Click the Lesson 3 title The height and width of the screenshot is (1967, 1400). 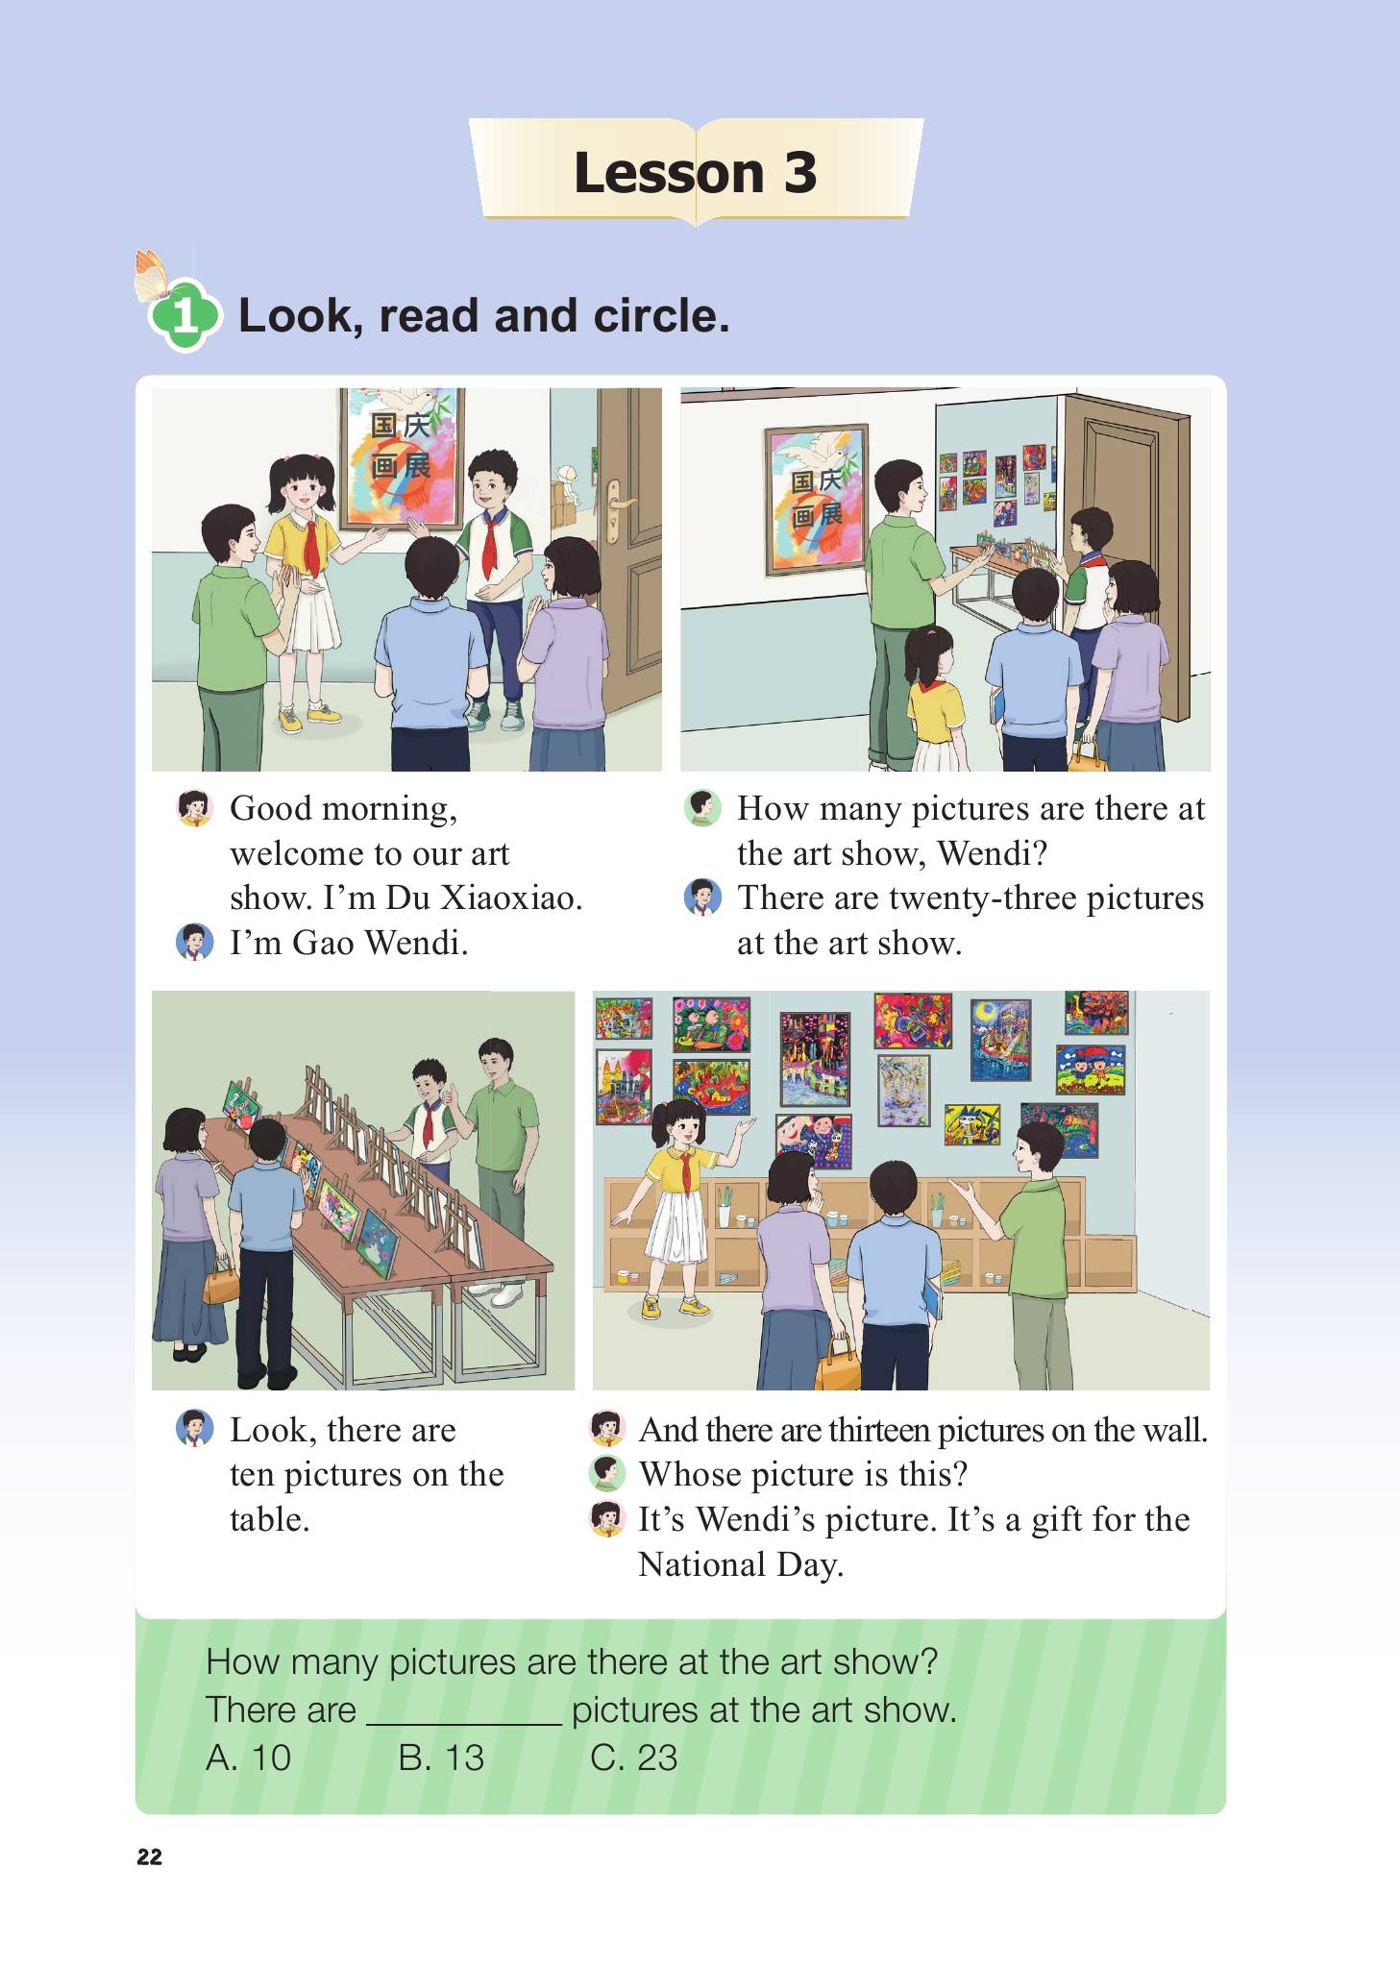695,173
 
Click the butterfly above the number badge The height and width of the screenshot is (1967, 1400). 153,275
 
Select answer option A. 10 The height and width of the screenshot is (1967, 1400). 248,1758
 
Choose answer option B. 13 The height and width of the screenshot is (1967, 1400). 441,1758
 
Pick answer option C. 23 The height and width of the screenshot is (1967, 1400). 634,1758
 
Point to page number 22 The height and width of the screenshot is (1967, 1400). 150,1856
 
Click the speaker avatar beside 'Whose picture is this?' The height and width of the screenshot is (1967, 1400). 606,1474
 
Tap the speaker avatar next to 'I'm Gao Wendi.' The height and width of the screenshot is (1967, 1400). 194,943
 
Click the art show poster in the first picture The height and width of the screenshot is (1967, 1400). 404,458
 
